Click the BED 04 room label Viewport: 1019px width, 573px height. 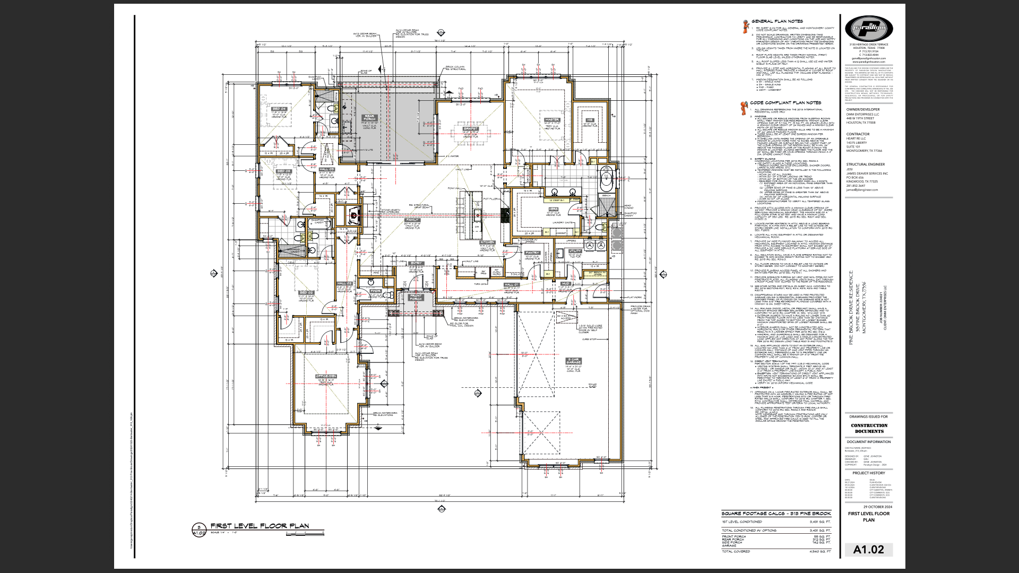pyautogui.click(x=280, y=109)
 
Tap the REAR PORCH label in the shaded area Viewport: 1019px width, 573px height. pyautogui.click(x=369, y=117)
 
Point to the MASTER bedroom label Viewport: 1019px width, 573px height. pyautogui.click(x=552, y=120)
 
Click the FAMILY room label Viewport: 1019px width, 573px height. pyautogui.click(x=412, y=220)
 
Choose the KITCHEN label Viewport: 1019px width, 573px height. pyautogui.click(x=487, y=242)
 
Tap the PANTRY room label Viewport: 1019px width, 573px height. pyautogui.click(x=532, y=253)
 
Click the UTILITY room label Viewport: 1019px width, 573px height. pyautogui.click(x=575, y=251)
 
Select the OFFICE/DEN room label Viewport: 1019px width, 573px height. pyautogui.click(x=326, y=377)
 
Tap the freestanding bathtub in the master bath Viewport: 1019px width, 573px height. pyautogui.click(x=606, y=181)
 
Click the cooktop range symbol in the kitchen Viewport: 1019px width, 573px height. pyautogui.click(x=505, y=214)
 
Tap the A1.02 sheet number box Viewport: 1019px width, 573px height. pyautogui.click(x=868, y=550)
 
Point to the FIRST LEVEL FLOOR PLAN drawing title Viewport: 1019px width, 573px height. pyautogui.click(x=260, y=526)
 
